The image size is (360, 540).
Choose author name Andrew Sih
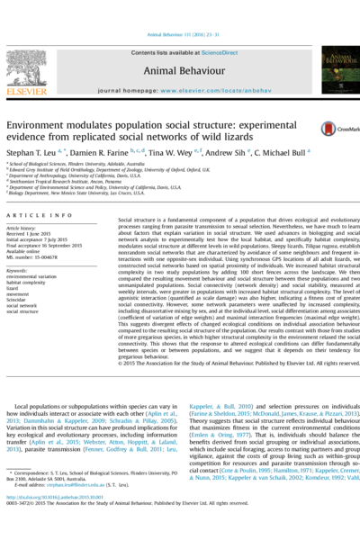[231, 153]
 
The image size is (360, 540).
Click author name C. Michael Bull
[282, 153]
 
